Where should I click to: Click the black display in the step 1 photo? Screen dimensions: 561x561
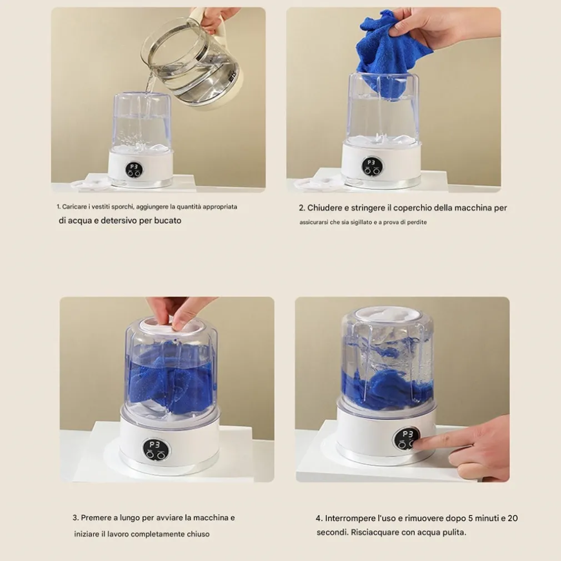pos(134,170)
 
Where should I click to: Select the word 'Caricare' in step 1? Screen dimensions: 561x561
pos(74,207)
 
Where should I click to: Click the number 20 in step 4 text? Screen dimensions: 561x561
pos(513,518)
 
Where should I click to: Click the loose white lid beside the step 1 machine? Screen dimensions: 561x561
pos(90,184)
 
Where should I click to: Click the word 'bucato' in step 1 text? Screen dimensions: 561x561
pos(167,221)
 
